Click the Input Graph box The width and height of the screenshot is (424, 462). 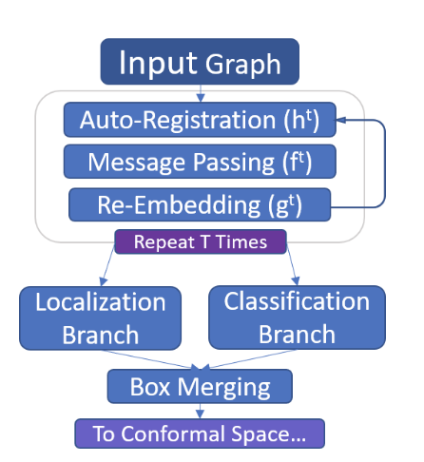click(200, 63)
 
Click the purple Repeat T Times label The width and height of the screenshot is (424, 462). click(201, 241)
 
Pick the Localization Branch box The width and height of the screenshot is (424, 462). click(100, 318)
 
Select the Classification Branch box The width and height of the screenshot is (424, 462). click(297, 318)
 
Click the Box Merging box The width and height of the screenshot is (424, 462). click(200, 387)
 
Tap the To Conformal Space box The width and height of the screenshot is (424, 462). click(200, 433)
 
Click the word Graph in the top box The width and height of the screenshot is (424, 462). click(243, 65)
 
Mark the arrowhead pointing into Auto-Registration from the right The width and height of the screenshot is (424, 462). click(339, 121)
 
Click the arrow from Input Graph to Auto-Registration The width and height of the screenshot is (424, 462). click(200, 93)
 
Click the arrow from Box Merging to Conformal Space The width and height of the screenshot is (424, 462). click(200, 411)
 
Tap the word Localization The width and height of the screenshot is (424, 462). click(100, 302)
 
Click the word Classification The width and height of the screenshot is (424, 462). click(297, 302)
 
